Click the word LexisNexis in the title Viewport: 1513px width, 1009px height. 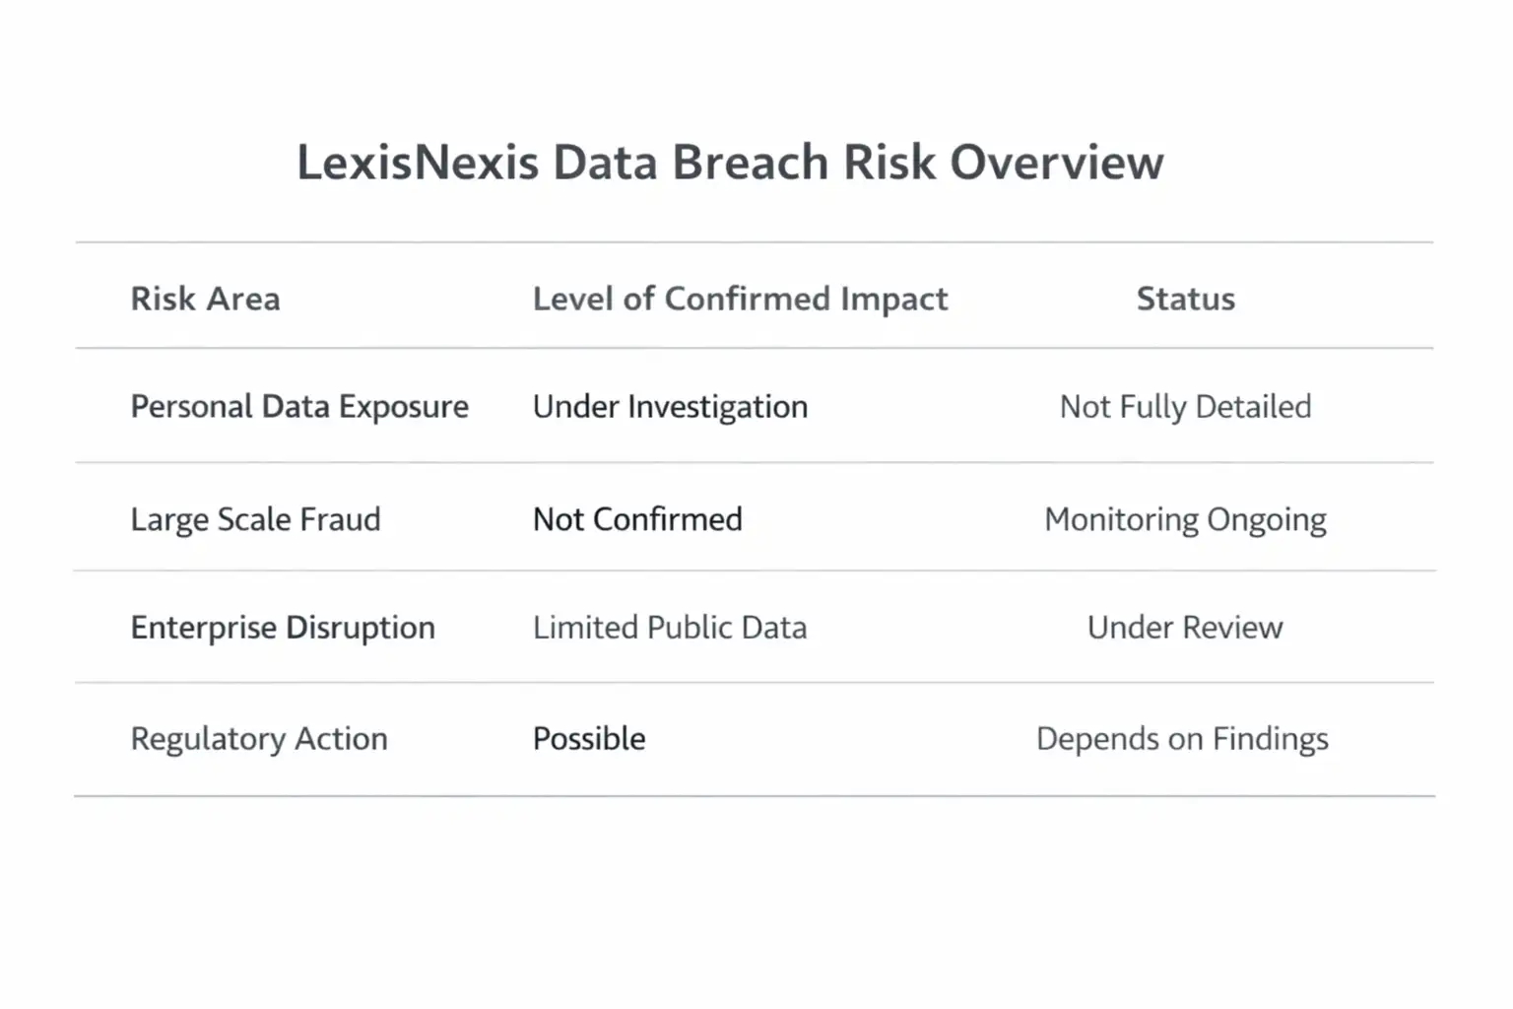tap(418, 163)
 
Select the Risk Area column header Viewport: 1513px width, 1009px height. tap(205, 299)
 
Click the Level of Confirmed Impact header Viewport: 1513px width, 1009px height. tap(740, 299)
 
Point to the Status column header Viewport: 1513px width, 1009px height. tap(1185, 299)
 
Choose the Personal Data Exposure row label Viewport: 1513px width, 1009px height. tap(299, 407)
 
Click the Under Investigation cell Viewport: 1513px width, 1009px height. tap(670, 407)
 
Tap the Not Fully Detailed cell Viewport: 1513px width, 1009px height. tap(1185, 407)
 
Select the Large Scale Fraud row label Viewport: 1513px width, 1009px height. tap(255, 519)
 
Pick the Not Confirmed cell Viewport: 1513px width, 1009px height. tap(637, 519)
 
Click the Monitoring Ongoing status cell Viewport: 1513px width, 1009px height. tap(1185, 519)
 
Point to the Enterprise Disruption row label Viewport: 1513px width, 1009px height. tap(283, 628)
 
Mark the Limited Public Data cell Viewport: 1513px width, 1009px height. tap(670, 628)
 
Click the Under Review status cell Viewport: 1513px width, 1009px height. tap(1185, 628)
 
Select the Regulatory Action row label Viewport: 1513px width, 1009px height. tap(259, 739)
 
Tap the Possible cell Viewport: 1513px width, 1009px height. tap(589, 739)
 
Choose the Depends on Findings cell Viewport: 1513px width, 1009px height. tap(1182, 739)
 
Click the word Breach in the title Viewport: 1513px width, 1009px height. tap(750, 163)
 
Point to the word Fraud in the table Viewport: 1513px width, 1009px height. tap(340, 519)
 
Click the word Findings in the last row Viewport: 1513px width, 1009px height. tap(1270, 739)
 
